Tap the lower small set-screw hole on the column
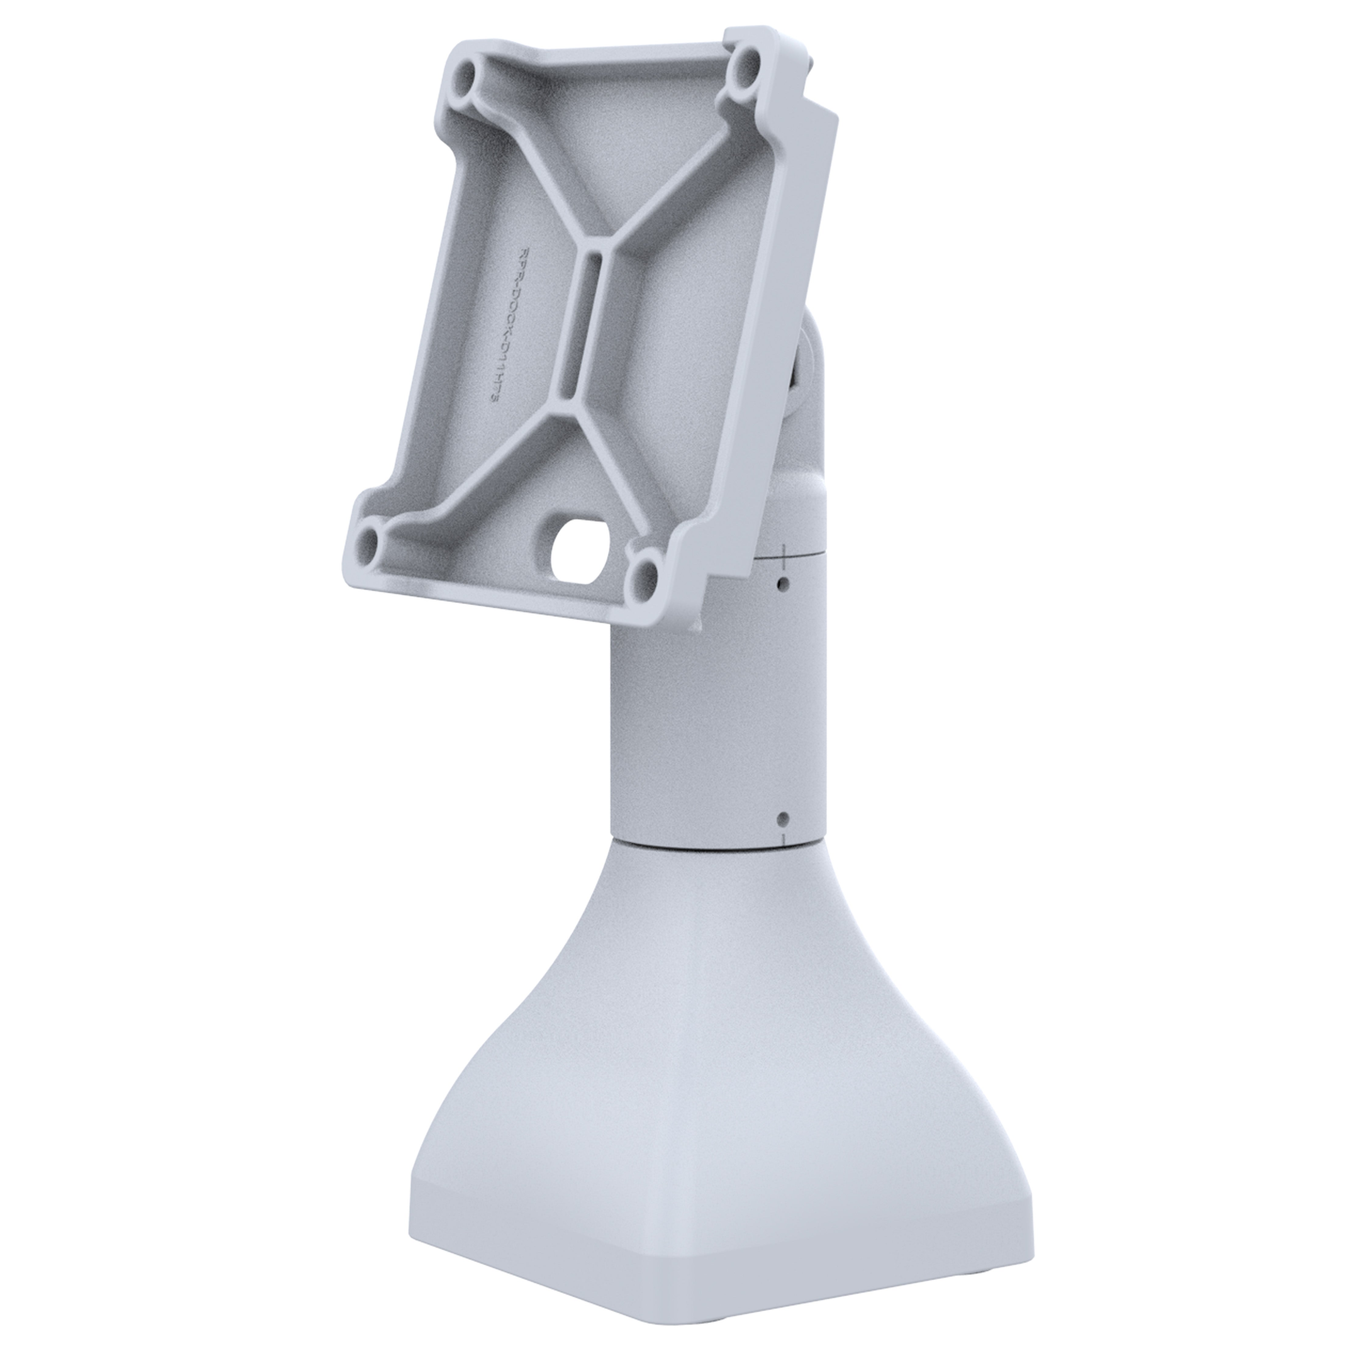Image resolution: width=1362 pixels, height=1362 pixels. coord(781,818)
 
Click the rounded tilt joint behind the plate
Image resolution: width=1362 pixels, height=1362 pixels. coord(811,437)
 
